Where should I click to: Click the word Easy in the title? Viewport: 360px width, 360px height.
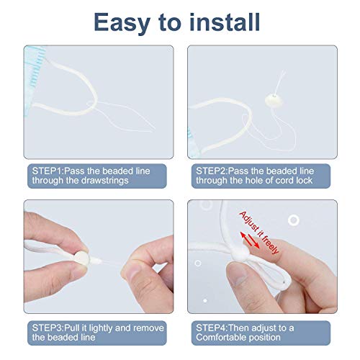pos(122,23)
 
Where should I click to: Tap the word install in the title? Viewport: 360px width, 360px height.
pos(225,22)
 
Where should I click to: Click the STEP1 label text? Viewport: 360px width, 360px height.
pos(48,171)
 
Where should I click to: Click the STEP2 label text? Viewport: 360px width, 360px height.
pos(211,171)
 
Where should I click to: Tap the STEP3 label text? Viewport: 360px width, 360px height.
pos(48,328)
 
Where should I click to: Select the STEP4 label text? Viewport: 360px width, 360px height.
pos(211,328)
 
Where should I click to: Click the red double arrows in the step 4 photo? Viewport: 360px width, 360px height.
pos(250,240)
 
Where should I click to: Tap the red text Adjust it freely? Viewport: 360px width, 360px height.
pos(259,233)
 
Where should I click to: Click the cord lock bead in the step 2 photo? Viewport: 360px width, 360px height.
pos(274,100)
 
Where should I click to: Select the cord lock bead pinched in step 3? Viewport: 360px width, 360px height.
pos(81,258)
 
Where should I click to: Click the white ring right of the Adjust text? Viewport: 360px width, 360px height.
pos(294,220)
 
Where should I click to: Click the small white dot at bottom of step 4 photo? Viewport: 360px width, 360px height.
pos(205,300)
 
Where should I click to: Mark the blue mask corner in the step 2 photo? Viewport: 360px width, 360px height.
pos(193,144)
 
